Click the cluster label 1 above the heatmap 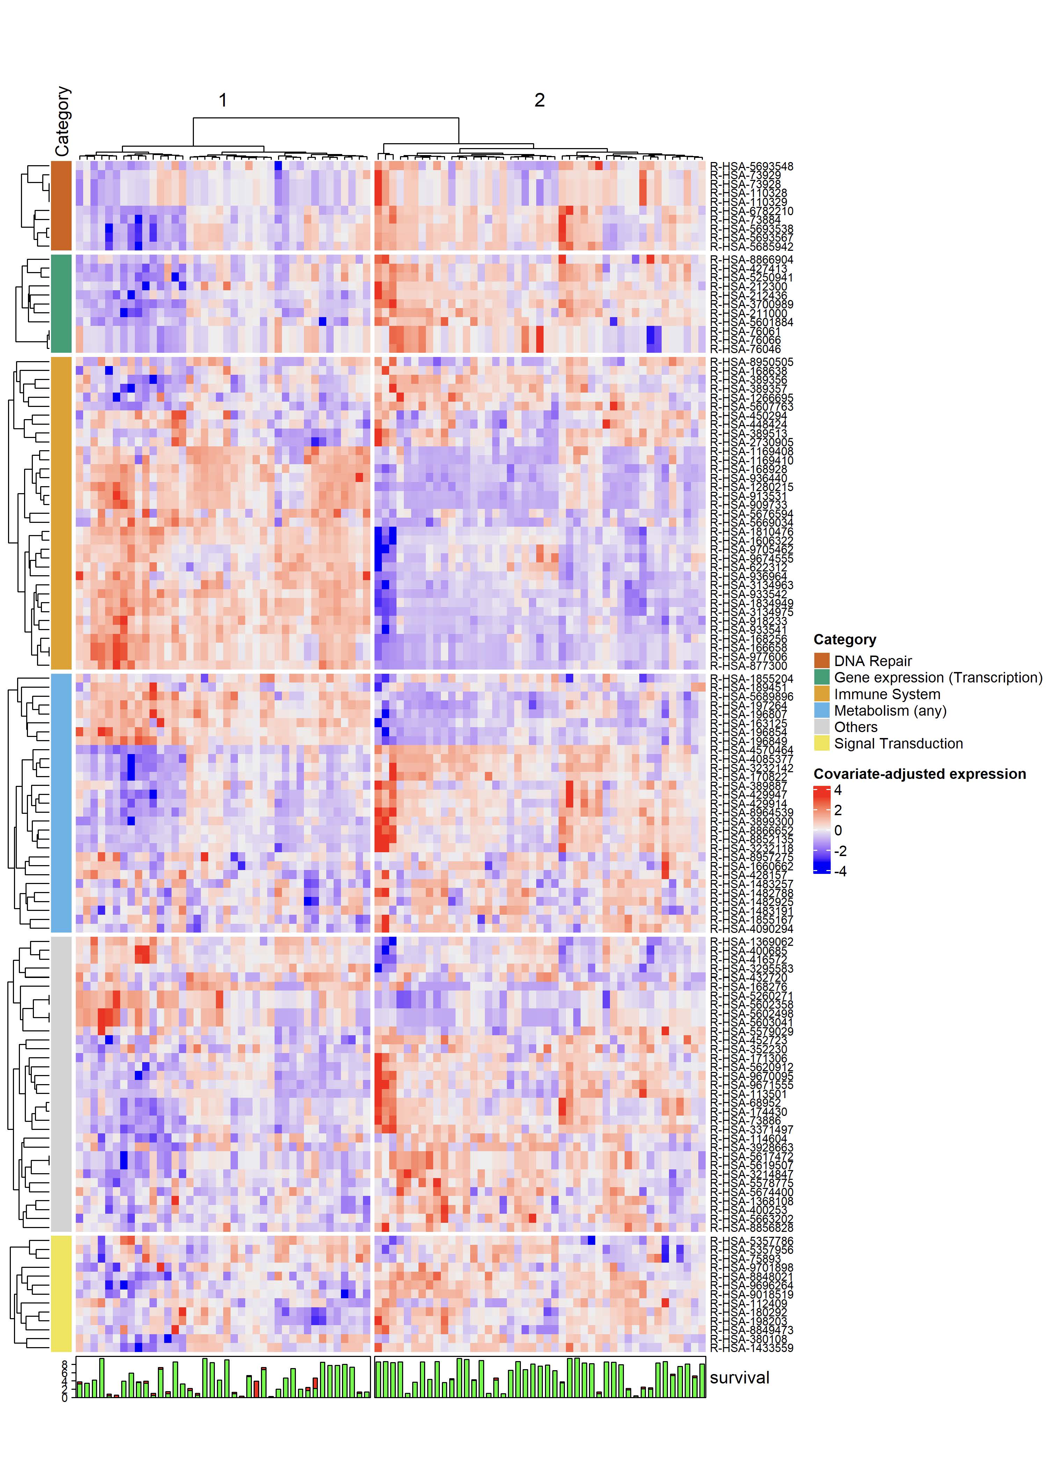coord(223,100)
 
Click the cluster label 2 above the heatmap coord(539,100)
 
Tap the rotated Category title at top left coord(62,122)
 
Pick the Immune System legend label coord(887,694)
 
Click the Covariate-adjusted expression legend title coord(919,774)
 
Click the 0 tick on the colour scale coord(838,831)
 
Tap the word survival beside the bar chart coord(739,1378)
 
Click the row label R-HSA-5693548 coord(751,167)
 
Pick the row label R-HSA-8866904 coord(751,260)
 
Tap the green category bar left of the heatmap coord(61,303)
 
